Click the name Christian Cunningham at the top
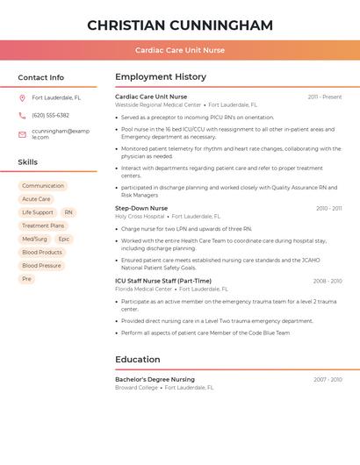pos(180,25)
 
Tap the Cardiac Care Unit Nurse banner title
pos(180,51)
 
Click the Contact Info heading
pos(41,77)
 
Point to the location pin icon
pos(22,98)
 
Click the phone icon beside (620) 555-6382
pos(22,116)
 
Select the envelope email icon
pos(22,134)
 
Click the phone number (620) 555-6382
pos(50,116)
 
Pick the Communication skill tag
pos(43,186)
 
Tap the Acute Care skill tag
pos(36,199)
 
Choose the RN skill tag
pos(68,212)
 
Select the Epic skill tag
pos(64,239)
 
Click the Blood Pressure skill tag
pos(41,265)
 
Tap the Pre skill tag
pos(26,279)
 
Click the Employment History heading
pos(161,77)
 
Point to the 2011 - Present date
pos(325,97)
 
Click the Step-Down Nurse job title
pos(141,208)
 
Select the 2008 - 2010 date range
pos(328,281)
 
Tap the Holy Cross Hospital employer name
pos(140,216)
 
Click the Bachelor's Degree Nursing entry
pos(155,379)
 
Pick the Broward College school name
pos(137,387)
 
